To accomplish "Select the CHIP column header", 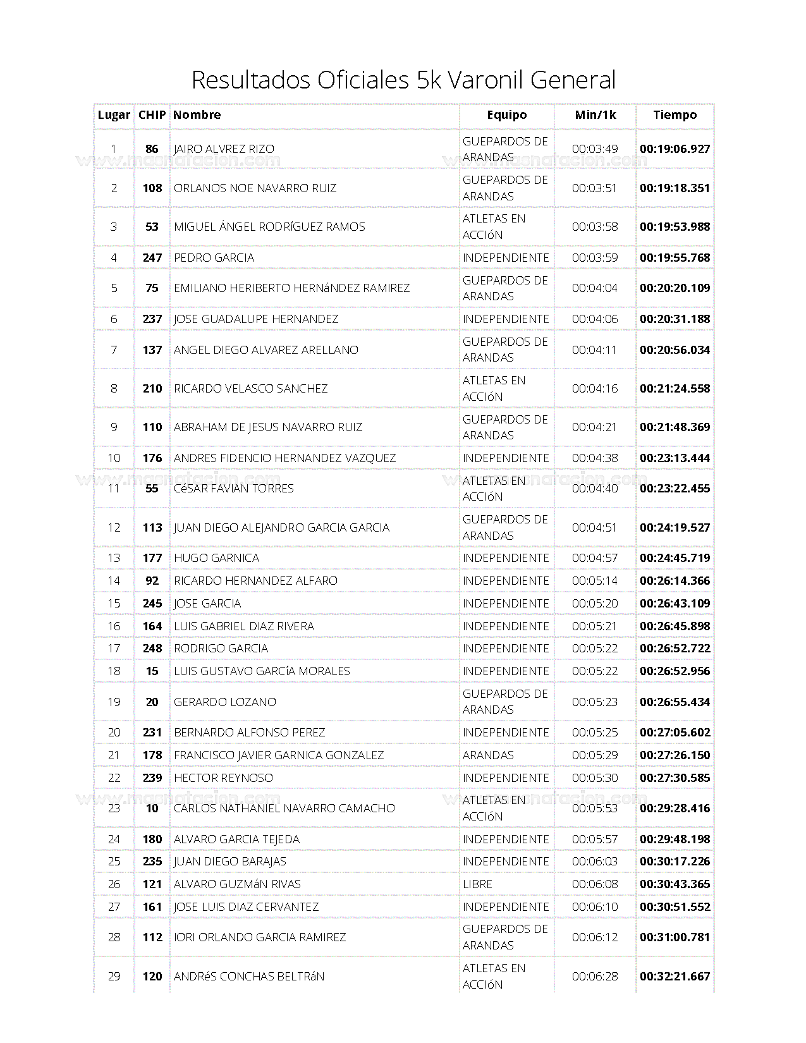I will [x=152, y=115].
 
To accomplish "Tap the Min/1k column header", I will [x=595, y=115].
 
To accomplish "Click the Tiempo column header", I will [x=675, y=115].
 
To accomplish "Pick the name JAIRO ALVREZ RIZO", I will [x=224, y=149].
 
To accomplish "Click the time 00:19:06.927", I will [x=675, y=149].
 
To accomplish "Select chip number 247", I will [x=152, y=258].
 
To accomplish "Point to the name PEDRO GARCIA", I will [x=214, y=258].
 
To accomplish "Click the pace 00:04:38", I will [x=595, y=458].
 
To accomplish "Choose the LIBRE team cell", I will [x=477, y=884].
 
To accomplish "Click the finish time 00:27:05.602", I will [x=675, y=733].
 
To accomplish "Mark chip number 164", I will [x=152, y=626].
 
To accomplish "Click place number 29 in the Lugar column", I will [x=114, y=977].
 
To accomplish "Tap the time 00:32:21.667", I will [x=675, y=977].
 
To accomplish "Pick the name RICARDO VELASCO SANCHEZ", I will [x=250, y=389].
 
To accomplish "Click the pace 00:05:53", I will [x=595, y=808].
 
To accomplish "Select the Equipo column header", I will [x=506, y=115].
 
